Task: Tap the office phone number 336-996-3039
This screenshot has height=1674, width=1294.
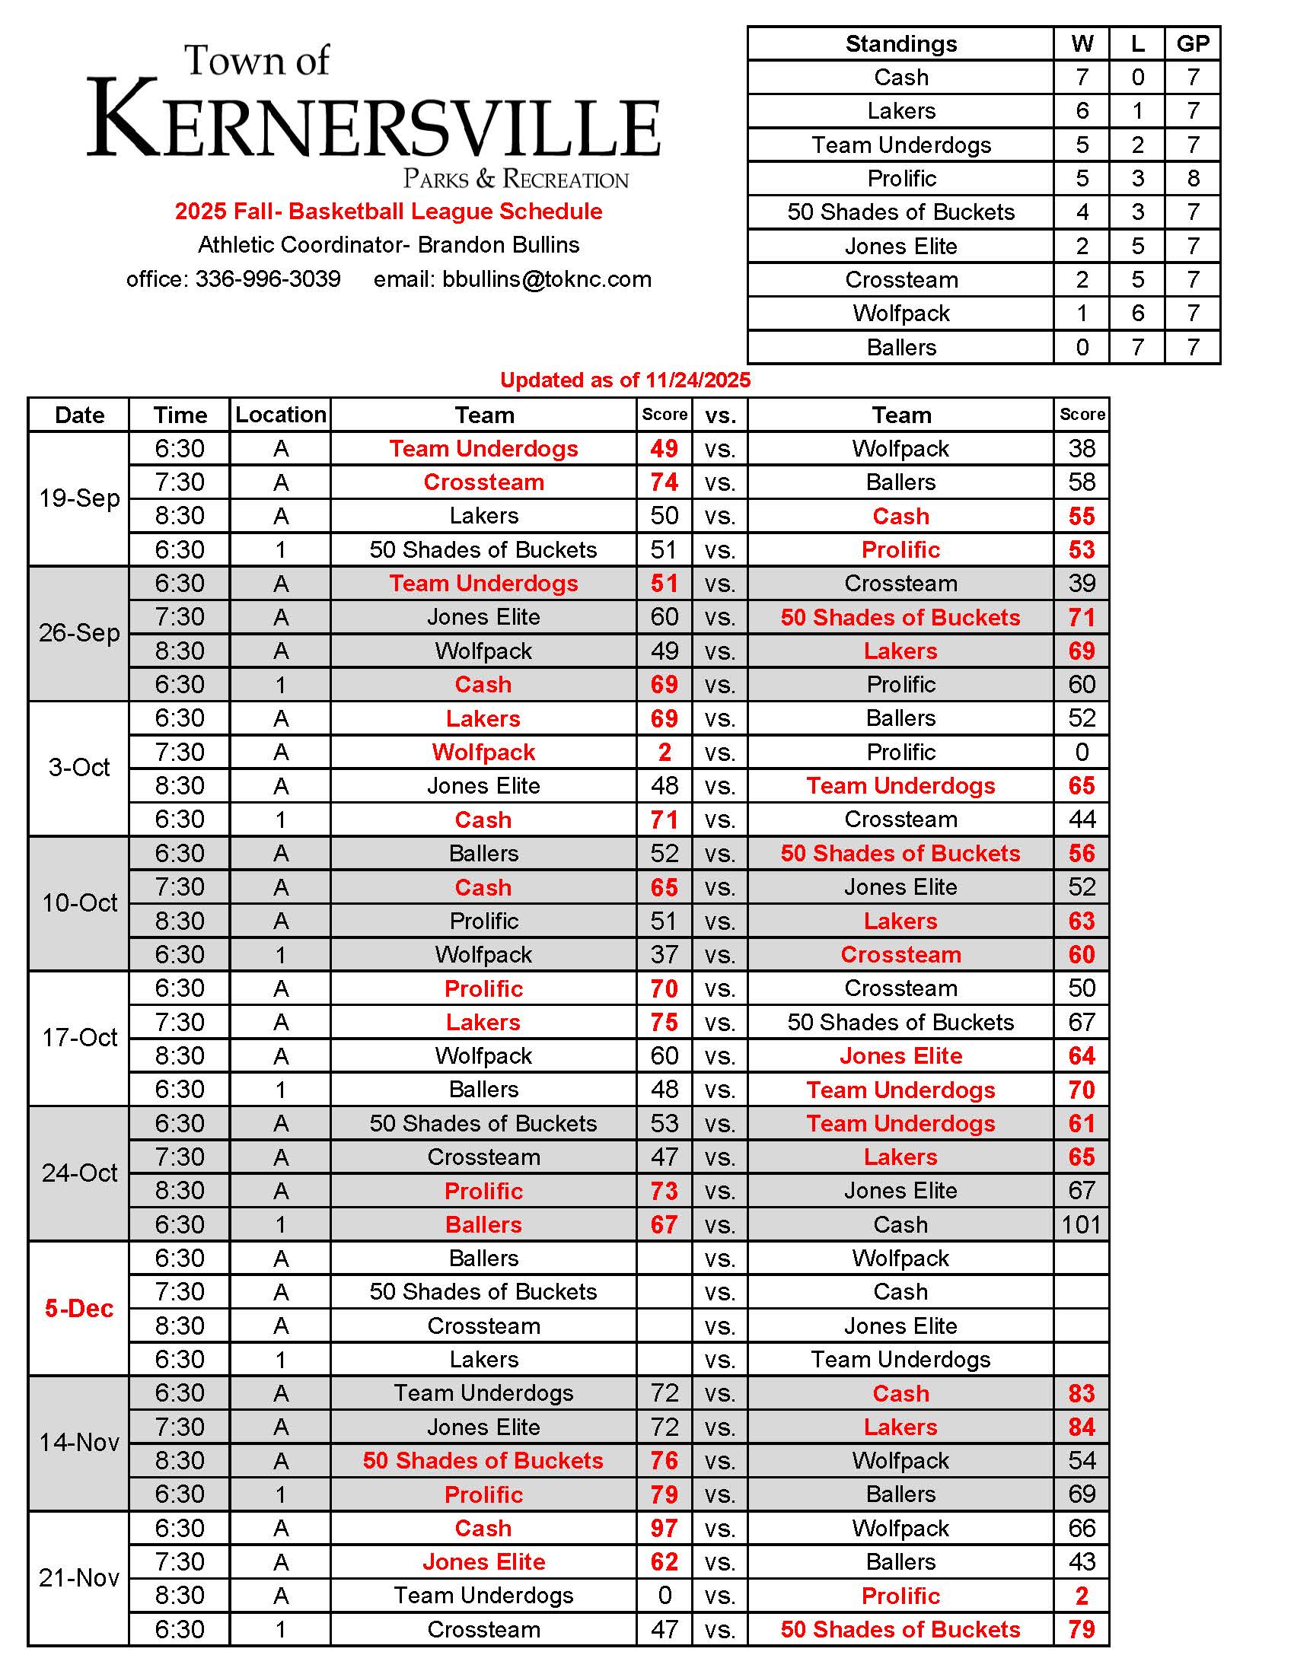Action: click(267, 279)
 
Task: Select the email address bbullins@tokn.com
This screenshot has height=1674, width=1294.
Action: click(547, 279)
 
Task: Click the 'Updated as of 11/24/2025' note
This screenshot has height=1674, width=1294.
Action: click(625, 380)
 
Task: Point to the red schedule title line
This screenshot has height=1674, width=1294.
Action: click(388, 212)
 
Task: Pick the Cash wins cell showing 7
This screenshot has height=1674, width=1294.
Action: click(1082, 78)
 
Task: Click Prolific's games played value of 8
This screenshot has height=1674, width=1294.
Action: click(1193, 179)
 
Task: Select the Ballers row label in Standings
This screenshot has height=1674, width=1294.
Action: click(900, 347)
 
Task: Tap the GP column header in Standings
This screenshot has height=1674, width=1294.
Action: click(1193, 43)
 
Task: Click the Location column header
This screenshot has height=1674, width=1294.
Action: click(281, 415)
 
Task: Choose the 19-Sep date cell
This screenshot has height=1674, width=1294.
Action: click(79, 498)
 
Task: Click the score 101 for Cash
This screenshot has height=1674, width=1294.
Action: click(1081, 1224)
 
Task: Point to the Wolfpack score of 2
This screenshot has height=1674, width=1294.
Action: click(664, 752)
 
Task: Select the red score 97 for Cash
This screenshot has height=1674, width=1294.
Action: click(664, 1528)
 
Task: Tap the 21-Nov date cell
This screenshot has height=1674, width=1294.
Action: click(79, 1577)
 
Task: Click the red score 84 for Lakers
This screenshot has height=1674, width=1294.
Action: click(1081, 1427)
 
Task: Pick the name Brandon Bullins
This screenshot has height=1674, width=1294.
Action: click(499, 245)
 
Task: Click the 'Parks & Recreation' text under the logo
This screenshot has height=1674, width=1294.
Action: click(516, 180)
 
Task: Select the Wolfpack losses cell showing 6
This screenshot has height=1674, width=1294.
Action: click(1138, 313)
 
